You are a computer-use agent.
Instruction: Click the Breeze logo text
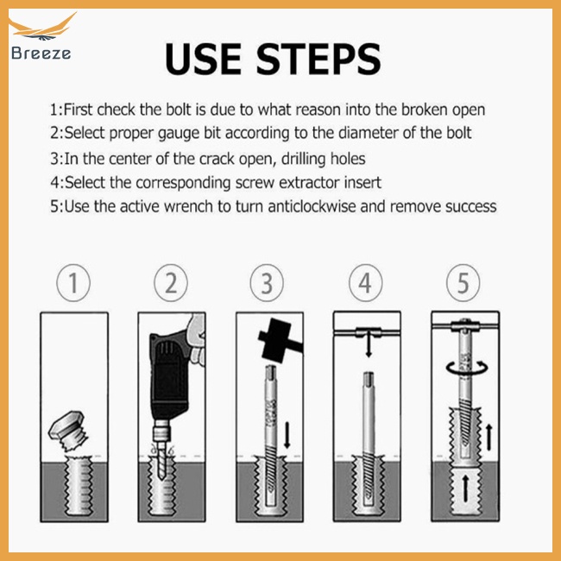(41, 54)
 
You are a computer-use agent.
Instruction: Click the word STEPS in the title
(318, 59)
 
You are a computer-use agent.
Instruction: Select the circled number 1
(73, 282)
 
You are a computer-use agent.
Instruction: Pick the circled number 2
(171, 282)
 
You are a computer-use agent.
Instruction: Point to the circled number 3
(267, 282)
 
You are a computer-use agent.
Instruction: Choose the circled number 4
(365, 282)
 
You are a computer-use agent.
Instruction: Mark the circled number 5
(463, 282)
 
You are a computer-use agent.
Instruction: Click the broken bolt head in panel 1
(69, 430)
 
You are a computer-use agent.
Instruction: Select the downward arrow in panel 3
(287, 435)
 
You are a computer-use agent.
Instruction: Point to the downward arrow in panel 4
(369, 344)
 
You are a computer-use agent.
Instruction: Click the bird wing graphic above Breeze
(42, 27)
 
